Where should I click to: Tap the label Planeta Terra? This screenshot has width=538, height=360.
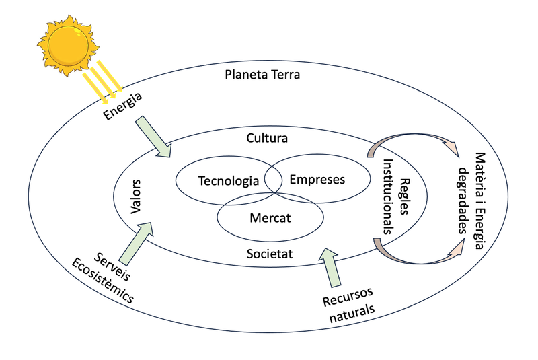click(262, 74)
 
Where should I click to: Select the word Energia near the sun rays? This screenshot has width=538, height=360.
click(123, 107)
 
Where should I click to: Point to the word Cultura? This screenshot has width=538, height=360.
click(267, 139)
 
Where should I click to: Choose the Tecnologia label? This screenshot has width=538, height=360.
click(229, 181)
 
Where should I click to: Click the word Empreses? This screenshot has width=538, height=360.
click(317, 180)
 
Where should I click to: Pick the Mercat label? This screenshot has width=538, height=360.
click(270, 218)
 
